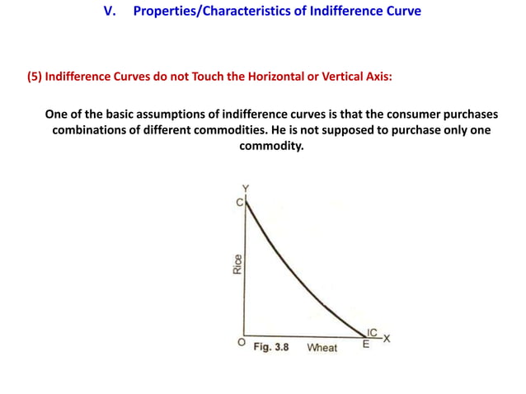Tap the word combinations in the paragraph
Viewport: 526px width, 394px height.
pos(92,130)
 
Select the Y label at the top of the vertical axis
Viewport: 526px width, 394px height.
pos(244,189)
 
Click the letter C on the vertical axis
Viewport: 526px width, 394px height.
pos(238,203)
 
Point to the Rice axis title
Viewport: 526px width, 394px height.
pos(237,264)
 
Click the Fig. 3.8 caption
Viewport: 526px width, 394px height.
pos(270,347)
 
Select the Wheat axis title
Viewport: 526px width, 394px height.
pos(322,348)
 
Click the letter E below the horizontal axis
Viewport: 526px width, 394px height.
pos(366,344)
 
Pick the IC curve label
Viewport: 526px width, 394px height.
pos(373,332)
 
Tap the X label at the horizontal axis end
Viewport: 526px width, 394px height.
pos(386,338)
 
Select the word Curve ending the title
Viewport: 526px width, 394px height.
pos(401,12)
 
